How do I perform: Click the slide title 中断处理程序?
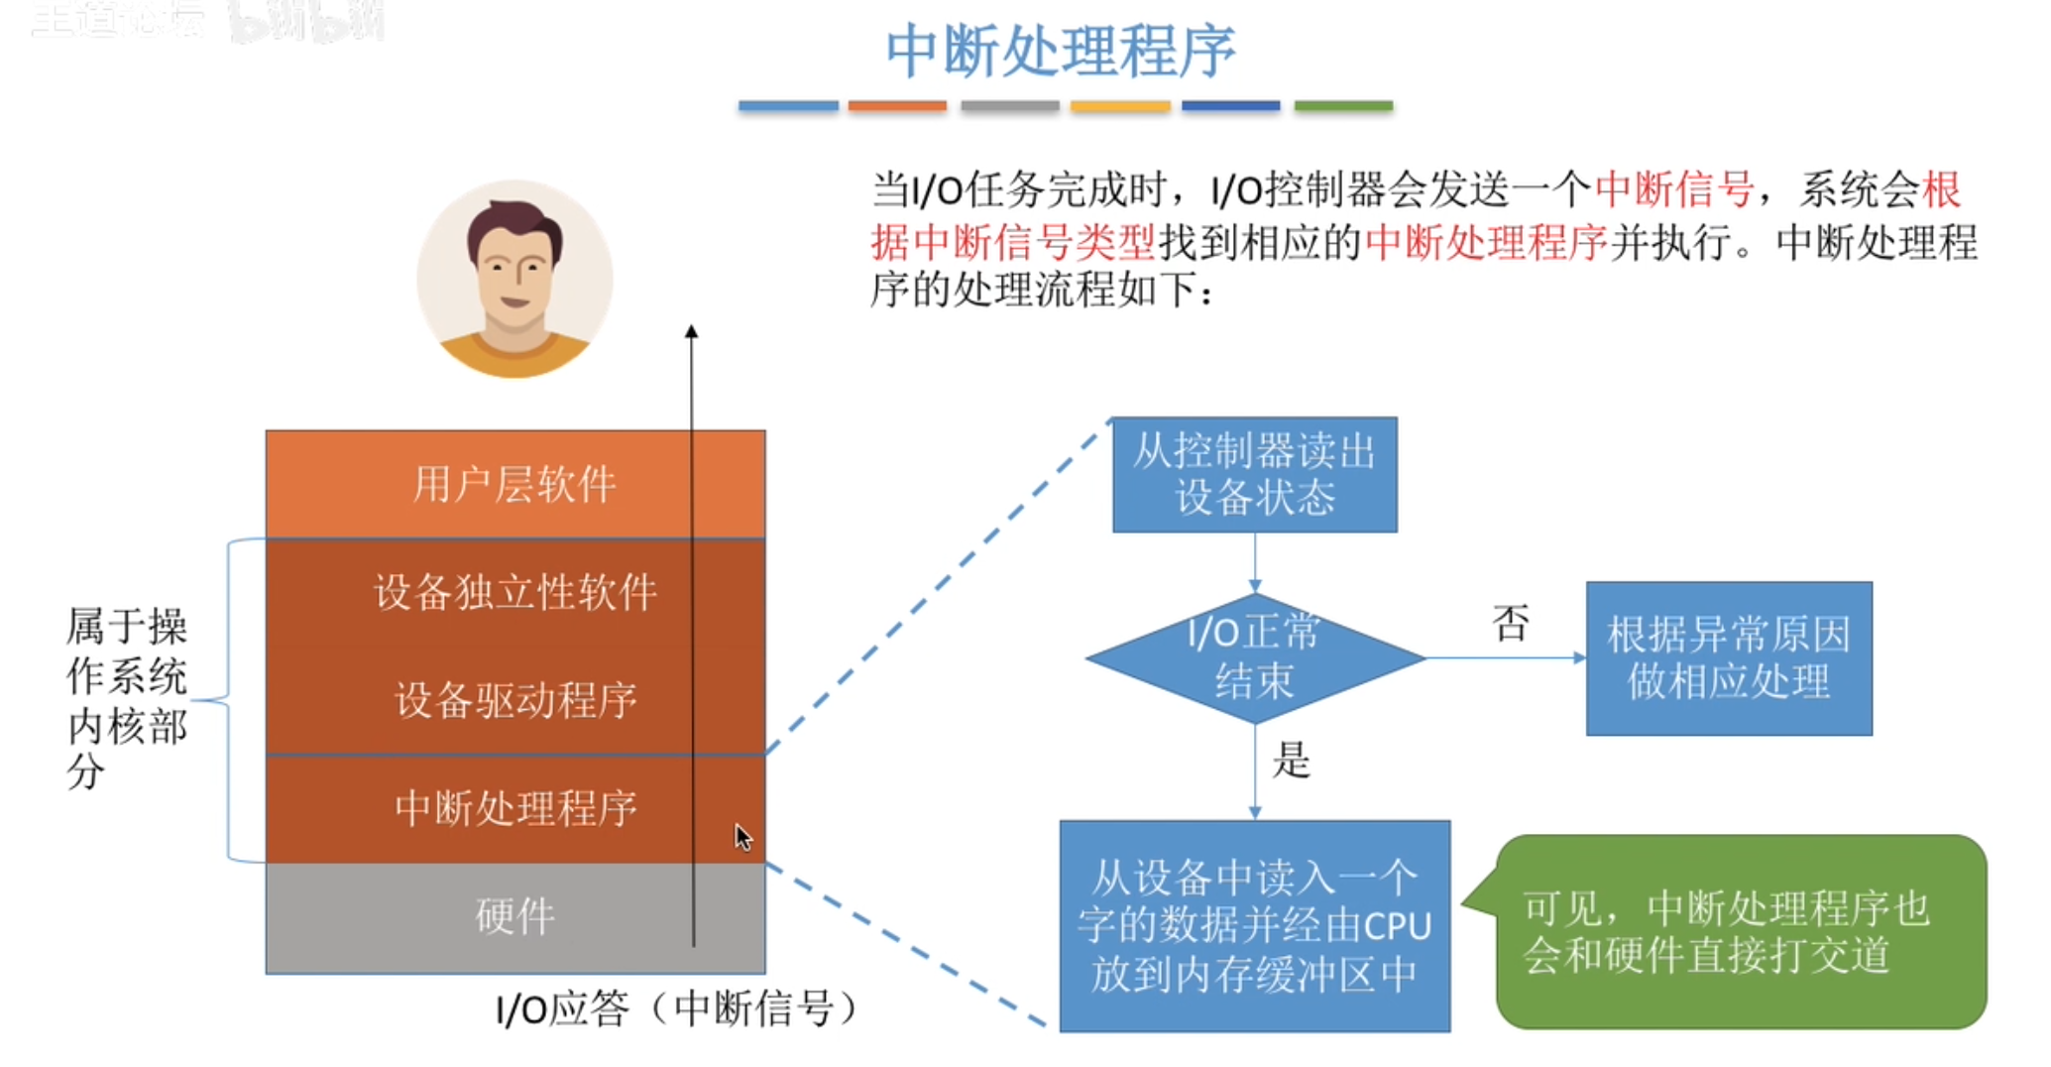(x=1060, y=52)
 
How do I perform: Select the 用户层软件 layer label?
(x=514, y=485)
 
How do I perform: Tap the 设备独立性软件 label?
(x=514, y=593)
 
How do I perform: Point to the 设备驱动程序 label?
(x=514, y=701)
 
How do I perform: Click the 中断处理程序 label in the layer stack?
(x=514, y=808)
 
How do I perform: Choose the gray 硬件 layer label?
(x=514, y=916)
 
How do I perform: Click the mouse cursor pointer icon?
(x=742, y=838)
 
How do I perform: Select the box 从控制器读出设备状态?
(x=1254, y=475)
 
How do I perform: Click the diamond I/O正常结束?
(x=1254, y=657)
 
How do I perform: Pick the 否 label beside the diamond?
(x=1510, y=624)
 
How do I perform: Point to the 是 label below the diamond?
(x=1291, y=761)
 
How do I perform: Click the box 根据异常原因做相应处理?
(x=1728, y=658)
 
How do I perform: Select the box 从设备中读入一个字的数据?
(x=1254, y=926)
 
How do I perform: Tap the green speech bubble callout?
(x=1740, y=932)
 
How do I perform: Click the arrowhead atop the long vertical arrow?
(x=692, y=332)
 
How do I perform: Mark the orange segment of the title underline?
(x=896, y=106)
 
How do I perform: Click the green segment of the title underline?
(x=1343, y=106)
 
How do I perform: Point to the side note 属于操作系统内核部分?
(x=126, y=699)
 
